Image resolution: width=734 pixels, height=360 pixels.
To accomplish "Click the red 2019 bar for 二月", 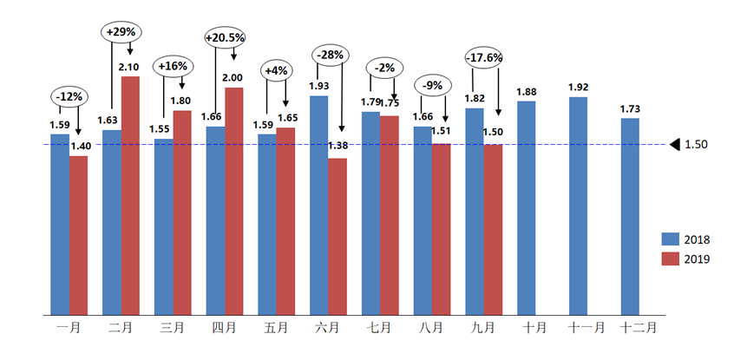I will [130, 195].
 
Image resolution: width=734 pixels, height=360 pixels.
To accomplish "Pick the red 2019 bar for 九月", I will [493, 229].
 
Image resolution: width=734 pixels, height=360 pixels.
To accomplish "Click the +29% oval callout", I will [121, 32].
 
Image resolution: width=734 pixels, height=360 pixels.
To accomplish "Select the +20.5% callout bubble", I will [225, 38].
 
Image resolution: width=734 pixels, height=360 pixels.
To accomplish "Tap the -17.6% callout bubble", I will [484, 58].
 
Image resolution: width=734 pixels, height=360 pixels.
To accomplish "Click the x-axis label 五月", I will [276, 328].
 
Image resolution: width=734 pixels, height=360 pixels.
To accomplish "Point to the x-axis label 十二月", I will [639, 328].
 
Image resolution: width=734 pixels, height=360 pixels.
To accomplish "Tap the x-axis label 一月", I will [69, 328].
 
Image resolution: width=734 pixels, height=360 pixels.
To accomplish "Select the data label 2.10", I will [131, 66].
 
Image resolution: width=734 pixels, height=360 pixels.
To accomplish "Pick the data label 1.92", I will [578, 87].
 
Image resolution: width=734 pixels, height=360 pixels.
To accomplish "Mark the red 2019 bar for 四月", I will [234, 200].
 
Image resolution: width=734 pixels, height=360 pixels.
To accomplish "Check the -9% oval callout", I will [433, 87].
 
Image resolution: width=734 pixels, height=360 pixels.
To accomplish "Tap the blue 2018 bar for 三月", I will [163, 226].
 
